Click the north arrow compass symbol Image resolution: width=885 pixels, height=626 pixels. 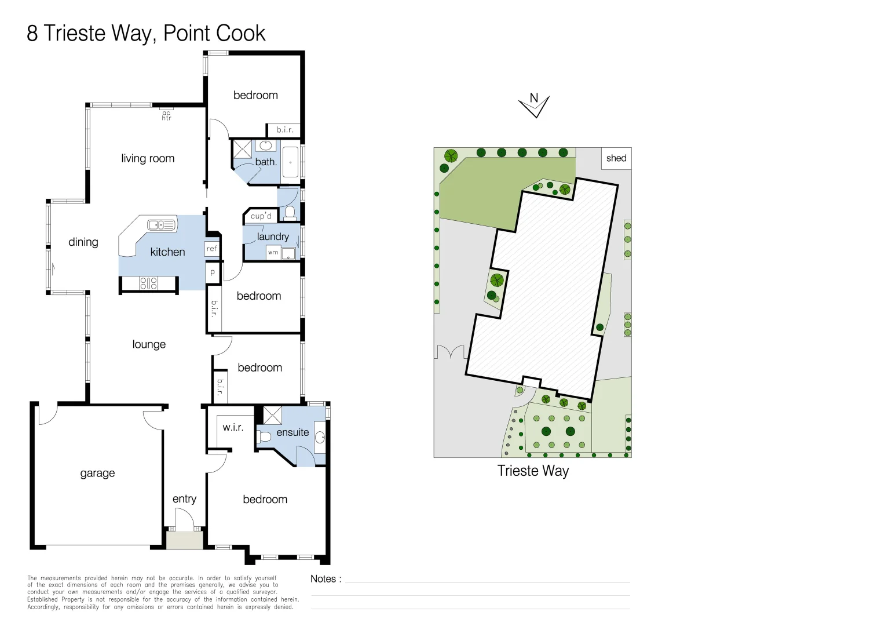[x=534, y=105]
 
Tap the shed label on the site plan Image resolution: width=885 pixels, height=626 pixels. [x=616, y=158]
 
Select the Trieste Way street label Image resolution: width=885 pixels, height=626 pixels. [x=533, y=471]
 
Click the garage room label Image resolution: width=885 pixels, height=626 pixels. [x=97, y=473]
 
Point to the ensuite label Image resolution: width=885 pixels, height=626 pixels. [x=292, y=432]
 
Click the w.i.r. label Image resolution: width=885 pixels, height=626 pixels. [x=233, y=427]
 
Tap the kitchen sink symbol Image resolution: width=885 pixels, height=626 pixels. [x=162, y=225]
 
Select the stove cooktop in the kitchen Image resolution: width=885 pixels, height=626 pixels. [x=148, y=283]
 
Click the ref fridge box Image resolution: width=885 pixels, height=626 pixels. [x=212, y=249]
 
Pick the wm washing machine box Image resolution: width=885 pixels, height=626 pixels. [x=273, y=252]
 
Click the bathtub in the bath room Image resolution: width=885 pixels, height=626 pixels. [x=290, y=162]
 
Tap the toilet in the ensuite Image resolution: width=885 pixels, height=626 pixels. [x=264, y=437]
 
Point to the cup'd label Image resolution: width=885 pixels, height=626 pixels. [x=261, y=216]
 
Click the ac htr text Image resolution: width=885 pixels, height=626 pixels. [x=166, y=115]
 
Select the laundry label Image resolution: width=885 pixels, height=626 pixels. [x=273, y=236]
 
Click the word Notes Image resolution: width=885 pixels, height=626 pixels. [x=323, y=579]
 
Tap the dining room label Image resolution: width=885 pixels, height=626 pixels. [x=83, y=242]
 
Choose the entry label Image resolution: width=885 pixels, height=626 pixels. [x=184, y=499]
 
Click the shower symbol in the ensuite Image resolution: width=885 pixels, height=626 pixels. [x=273, y=415]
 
